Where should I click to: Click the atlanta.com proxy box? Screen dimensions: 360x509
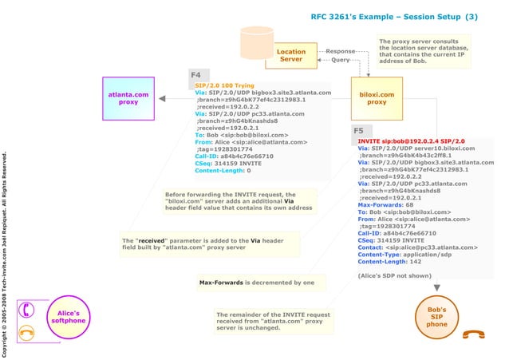128,98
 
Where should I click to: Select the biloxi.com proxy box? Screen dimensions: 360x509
377,98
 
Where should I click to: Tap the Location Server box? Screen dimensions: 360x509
290,55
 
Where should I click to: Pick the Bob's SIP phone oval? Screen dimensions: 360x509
436,317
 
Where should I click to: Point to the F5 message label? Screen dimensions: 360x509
358,131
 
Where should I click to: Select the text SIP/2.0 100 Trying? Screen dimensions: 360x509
225,85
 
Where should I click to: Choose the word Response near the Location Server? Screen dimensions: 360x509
341,51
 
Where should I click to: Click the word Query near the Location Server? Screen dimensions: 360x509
341,60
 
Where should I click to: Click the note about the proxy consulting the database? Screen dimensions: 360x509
423,51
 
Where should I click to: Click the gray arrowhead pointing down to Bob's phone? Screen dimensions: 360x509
436,287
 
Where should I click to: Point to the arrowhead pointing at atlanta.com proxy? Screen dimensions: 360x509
163,99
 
